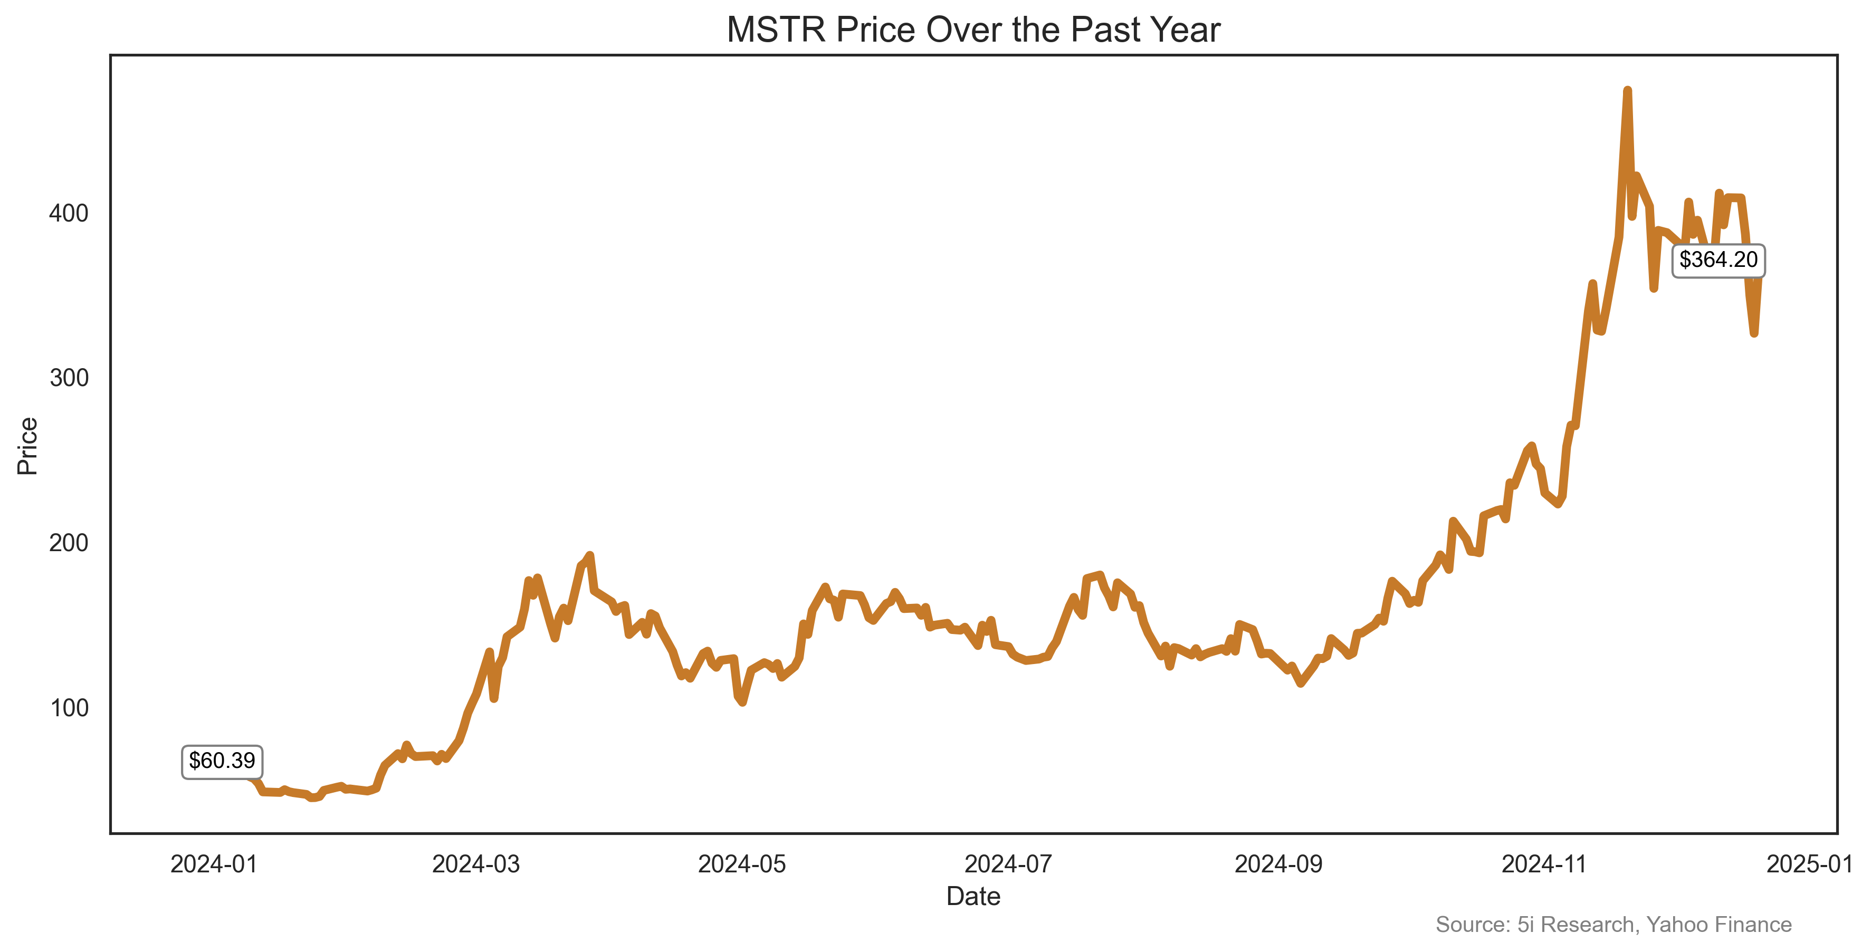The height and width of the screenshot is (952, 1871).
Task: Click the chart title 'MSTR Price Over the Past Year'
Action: click(973, 31)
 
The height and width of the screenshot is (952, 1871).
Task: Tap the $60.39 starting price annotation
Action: click(222, 761)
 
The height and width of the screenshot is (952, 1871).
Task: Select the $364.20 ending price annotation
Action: click(1718, 260)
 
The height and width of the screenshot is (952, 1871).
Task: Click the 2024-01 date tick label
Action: click(214, 864)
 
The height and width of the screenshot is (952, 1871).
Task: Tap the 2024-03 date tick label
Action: click(476, 864)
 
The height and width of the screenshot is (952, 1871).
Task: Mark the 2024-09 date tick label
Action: click(1278, 864)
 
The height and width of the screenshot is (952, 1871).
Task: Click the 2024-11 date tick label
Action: click(1544, 864)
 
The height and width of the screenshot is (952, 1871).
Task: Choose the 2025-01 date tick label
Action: click(1809, 864)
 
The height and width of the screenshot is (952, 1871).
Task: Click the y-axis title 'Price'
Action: click(27, 446)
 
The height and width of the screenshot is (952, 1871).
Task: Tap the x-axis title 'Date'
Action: click(973, 897)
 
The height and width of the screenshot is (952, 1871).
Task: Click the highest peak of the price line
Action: click(1628, 91)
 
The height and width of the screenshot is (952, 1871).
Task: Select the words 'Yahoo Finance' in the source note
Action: click(1719, 925)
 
